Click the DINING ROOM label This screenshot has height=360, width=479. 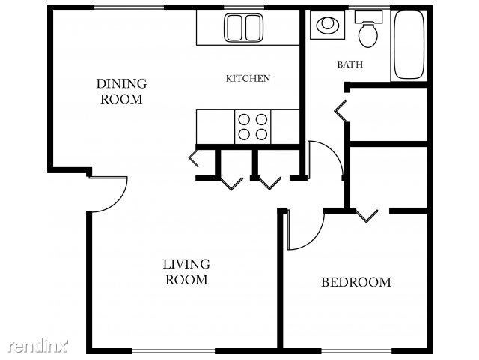[x=120, y=91]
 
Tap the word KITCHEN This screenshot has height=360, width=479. [x=248, y=78]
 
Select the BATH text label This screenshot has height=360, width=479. [x=350, y=64]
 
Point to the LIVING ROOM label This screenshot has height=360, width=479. [x=186, y=271]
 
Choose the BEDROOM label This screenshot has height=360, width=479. [x=356, y=283]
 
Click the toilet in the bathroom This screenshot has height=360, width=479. [x=367, y=30]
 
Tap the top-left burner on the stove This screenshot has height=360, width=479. [x=244, y=118]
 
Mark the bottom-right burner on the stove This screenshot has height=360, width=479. [x=261, y=135]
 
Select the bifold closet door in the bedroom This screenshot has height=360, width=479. [x=367, y=217]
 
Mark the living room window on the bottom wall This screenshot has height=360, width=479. [x=174, y=351]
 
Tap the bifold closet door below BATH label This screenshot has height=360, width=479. [x=341, y=112]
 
